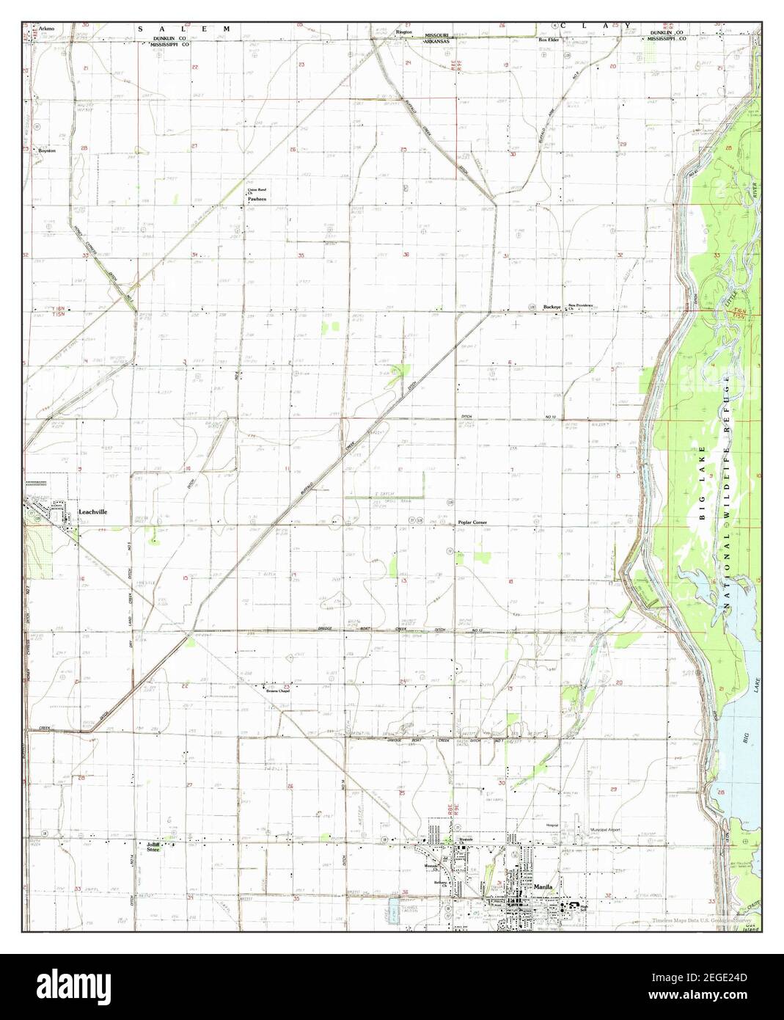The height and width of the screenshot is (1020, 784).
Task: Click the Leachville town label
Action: pyautogui.click(x=93, y=511)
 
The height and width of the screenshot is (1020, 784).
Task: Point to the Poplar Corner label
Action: pyautogui.click(x=472, y=522)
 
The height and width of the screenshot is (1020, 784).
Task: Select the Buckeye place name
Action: pyautogui.click(x=552, y=308)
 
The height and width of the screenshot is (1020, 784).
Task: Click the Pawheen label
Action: pyautogui.click(x=256, y=199)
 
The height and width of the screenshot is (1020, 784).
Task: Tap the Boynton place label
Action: pyautogui.click(x=48, y=150)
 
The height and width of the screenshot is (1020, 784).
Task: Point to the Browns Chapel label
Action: pyautogui.click(x=279, y=689)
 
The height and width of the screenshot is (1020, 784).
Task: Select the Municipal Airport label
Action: pyautogui.click(x=606, y=830)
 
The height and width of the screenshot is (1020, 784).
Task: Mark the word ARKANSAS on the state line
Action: pyautogui.click(x=437, y=42)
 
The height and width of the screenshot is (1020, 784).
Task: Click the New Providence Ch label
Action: pyautogui.click(x=579, y=306)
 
